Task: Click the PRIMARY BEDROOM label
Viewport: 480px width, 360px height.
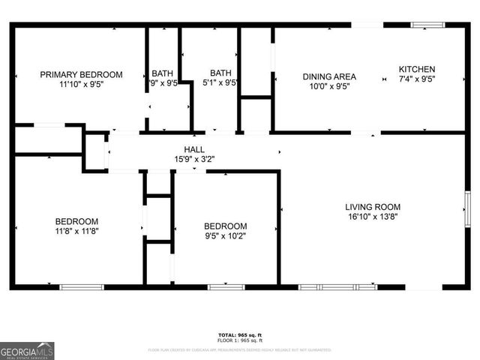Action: coord(81,74)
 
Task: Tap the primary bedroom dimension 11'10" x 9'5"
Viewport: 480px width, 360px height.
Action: coord(81,85)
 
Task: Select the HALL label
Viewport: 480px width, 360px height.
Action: coord(194,149)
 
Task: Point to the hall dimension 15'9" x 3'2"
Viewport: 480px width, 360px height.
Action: coord(194,159)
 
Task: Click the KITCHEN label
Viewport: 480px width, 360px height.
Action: coord(416,68)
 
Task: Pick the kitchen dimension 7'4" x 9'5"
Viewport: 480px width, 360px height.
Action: coord(416,79)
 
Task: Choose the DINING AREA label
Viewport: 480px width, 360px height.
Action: coord(329,76)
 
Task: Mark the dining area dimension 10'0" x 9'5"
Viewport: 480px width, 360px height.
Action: coord(329,86)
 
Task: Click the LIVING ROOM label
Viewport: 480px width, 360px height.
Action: coord(373,207)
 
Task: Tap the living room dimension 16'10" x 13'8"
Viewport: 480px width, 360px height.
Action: coord(373,217)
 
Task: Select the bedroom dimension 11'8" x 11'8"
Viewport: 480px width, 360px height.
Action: coord(76,232)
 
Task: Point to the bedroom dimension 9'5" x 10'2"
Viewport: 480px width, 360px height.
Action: coord(226,236)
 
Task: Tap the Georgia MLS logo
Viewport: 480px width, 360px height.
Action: coord(27,350)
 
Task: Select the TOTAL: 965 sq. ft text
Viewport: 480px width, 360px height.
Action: coord(240,334)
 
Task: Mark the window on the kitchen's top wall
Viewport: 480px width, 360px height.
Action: coord(427,25)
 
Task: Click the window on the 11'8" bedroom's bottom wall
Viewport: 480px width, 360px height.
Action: coord(82,286)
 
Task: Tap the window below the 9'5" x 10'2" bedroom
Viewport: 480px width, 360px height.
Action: coord(226,286)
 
